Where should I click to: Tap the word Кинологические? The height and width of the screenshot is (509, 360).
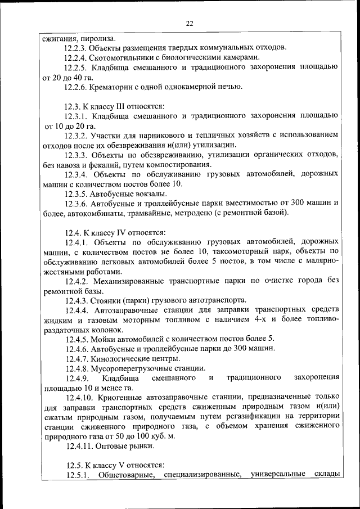[122, 358]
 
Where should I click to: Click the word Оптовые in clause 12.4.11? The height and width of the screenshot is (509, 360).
[112, 445]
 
